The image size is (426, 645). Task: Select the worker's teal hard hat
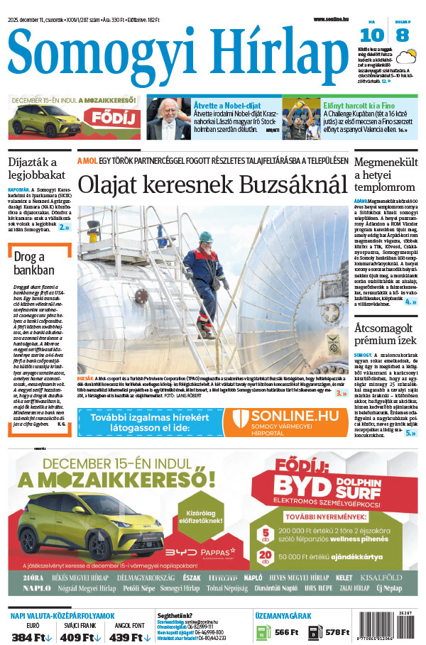(x=206, y=237)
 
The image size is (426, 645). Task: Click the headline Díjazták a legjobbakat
(x=37, y=168)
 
